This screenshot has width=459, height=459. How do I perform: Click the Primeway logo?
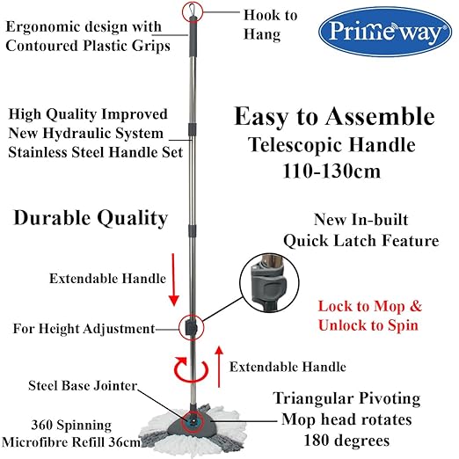[x=385, y=32]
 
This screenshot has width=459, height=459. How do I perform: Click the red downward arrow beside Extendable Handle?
[x=174, y=280]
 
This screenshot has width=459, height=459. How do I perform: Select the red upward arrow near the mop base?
[x=220, y=367]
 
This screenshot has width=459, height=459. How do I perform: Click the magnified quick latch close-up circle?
[x=269, y=283]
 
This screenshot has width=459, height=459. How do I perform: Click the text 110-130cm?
[x=331, y=171]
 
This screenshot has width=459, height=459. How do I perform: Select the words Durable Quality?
[x=91, y=218]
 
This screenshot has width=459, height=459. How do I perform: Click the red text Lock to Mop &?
[x=370, y=307]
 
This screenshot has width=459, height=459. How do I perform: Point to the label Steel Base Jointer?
[x=83, y=385]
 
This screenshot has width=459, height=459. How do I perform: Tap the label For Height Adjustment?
[x=84, y=329]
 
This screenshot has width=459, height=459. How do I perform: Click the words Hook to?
[x=270, y=15]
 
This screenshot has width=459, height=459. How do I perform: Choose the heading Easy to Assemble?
[x=334, y=117]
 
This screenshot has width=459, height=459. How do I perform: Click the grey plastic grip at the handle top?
[x=193, y=37]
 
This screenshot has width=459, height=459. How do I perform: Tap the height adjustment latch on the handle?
[x=191, y=326]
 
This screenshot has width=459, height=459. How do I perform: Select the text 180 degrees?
[x=346, y=441]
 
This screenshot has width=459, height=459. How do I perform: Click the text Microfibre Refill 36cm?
[x=71, y=442]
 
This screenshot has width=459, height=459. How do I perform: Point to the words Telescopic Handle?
[x=331, y=145]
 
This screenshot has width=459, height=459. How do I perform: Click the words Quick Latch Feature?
[x=361, y=241]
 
